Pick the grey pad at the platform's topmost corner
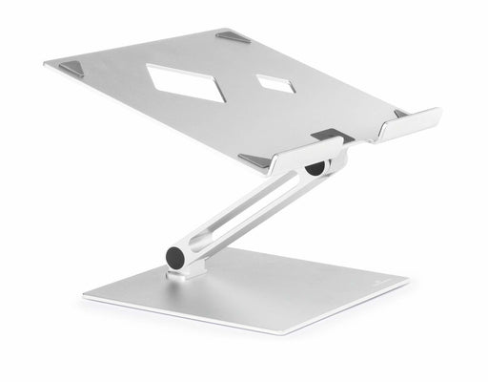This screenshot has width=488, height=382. click(x=232, y=37)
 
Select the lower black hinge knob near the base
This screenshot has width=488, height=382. click(x=176, y=257)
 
